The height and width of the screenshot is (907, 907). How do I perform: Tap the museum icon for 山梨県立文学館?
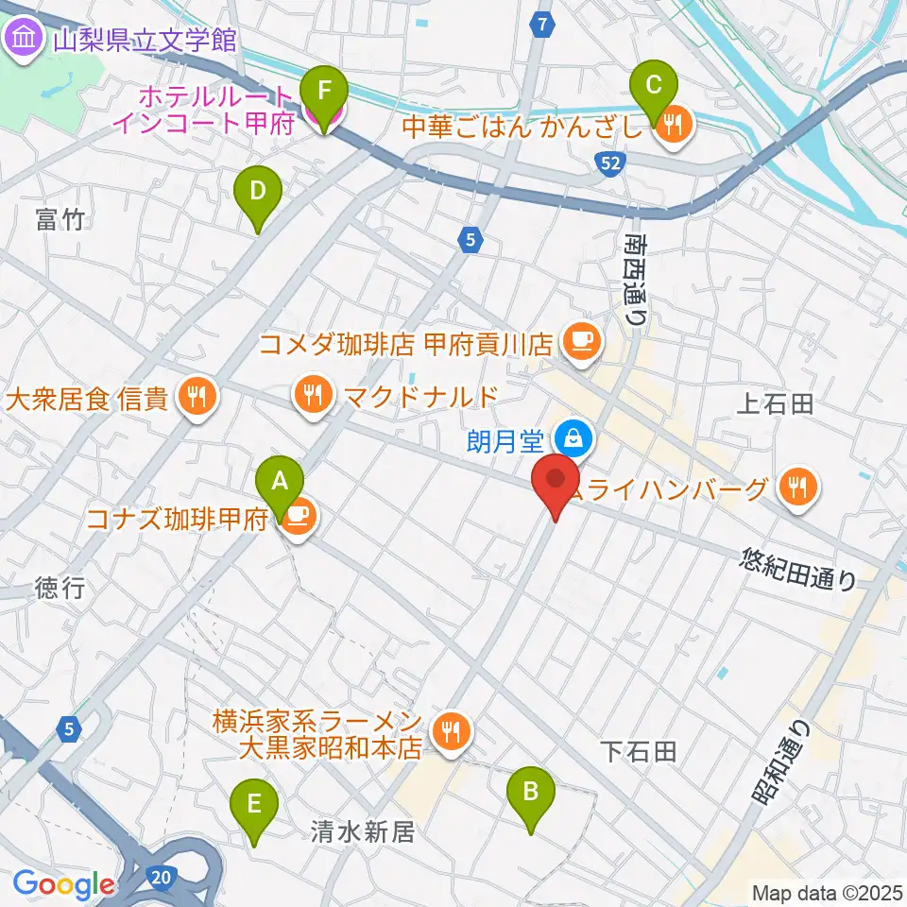point(22,40)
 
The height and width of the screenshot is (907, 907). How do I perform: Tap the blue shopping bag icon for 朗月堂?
point(573,437)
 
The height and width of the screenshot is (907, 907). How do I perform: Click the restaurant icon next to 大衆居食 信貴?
point(197,398)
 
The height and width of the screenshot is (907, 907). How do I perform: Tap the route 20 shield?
point(161,879)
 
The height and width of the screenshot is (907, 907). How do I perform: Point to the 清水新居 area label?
point(363,831)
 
